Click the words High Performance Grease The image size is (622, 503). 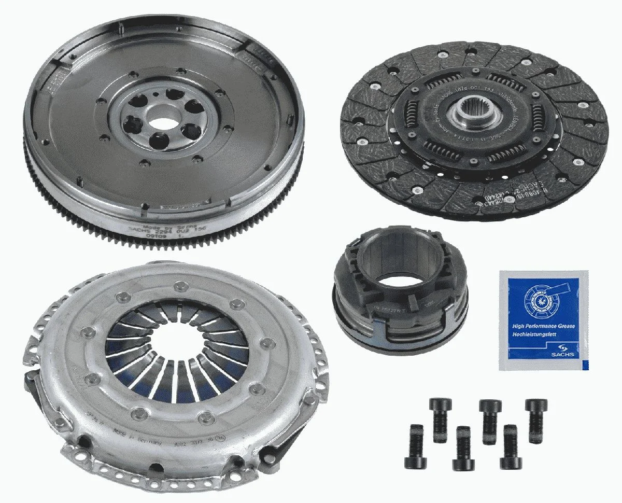(x=542, y=327)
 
